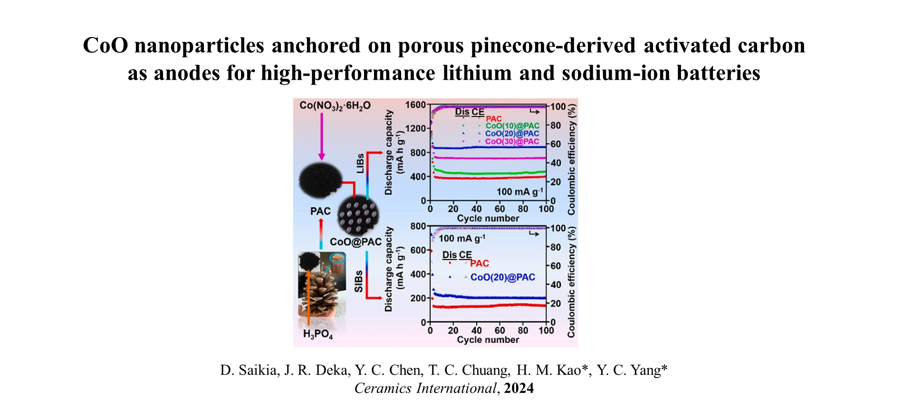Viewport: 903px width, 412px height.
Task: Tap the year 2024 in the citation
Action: (519, 388)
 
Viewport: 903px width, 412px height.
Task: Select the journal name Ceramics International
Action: (425, 388)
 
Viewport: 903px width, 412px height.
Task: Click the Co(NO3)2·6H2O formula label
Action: (335, 105)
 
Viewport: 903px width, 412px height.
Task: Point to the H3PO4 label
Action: (317, 334)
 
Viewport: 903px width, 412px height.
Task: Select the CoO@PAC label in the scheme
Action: (355, 242)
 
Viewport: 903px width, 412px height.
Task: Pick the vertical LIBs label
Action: (360, 163)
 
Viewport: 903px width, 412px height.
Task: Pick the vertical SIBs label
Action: (359, 281)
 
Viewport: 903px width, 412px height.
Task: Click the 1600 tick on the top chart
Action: (415, 105)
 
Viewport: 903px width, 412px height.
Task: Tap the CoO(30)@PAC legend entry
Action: (512, 142)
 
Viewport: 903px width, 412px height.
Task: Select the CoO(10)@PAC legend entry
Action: (512, 126)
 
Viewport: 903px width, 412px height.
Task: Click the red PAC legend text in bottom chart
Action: (479, 263)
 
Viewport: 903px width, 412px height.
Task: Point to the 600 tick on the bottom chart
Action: (418, 250)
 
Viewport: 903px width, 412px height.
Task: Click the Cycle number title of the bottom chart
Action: (488, 340)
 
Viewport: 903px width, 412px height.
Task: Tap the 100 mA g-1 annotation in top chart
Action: (519, 192)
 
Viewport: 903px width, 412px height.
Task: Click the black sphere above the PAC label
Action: (320, 181)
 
